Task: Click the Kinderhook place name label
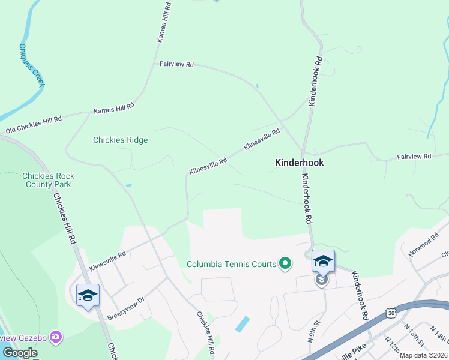pos(299,163)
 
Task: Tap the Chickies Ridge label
pos(120,140)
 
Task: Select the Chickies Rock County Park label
pos(48,180)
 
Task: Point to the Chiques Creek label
pos(32,65)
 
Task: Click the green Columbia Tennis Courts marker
pos(286,263)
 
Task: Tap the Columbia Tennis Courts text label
pos(231,264)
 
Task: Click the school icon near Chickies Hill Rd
pos(88,295)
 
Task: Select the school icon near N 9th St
pos(323,262)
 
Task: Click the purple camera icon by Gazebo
pos(56,337)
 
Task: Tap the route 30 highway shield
pos(391,313)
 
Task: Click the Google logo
pos(20,352)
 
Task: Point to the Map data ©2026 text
pos(423,355)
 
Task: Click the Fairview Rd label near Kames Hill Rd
pos(176,64)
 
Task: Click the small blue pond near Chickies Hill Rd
pos(243,325)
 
